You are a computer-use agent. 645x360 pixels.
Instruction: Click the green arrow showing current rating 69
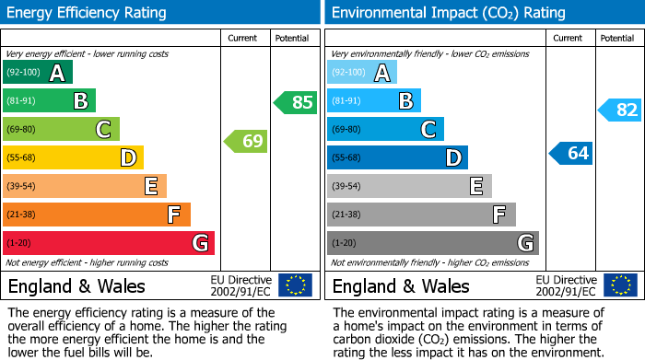(245, 142)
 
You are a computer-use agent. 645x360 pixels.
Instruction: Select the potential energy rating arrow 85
(295, 102)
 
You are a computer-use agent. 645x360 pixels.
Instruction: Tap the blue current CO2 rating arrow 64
(570, 153)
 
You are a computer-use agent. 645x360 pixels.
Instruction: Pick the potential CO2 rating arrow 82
(619, 110)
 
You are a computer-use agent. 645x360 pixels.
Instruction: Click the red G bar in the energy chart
(109, 243)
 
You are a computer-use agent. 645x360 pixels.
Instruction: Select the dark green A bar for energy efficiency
(38, 73)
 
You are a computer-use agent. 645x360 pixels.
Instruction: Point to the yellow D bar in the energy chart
(73, 158)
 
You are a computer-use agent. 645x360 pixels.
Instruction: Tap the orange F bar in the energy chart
(97, 215)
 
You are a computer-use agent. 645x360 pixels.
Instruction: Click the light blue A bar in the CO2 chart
(362, 73)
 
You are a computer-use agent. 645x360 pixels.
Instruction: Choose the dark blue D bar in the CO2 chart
(397, 158)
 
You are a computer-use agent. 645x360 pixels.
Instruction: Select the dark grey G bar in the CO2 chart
(432, 243)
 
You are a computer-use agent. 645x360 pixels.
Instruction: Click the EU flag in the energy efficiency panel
(295, 285)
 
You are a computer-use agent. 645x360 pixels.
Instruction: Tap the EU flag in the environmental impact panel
(619, 285)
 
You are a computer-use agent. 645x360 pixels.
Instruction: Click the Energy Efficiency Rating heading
(88, 13)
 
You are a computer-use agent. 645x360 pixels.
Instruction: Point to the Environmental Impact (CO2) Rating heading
(448, 13)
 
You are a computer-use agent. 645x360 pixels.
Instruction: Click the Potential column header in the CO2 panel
(617, 38)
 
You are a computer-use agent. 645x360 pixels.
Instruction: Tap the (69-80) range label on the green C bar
(22, 130)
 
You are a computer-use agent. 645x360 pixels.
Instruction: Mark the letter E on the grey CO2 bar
(475, 187)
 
